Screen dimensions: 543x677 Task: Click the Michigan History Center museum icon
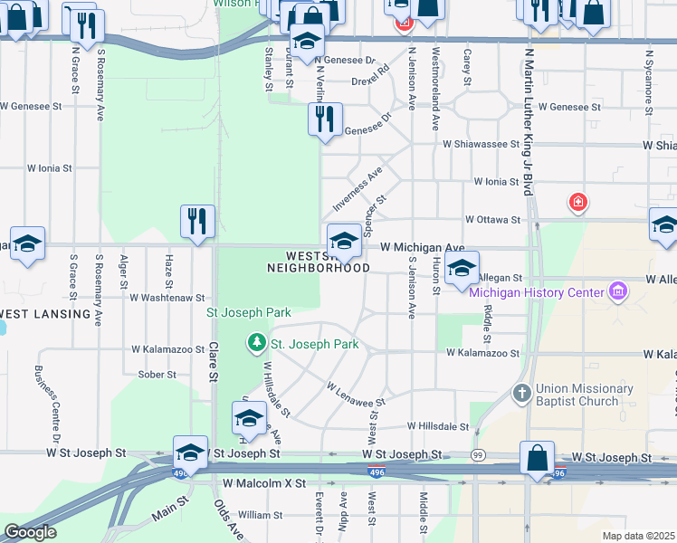[619, 291]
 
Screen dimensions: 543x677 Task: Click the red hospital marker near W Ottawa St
[577, 202]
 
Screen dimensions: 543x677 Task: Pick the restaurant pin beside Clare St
[196, 223]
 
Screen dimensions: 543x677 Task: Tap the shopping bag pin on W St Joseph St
[538, 459]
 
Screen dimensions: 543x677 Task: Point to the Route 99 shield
[478, 454]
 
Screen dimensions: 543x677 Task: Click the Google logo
[30, 532]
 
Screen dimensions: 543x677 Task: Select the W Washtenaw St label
[167, 297]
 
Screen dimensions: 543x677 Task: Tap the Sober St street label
[156, 374]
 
